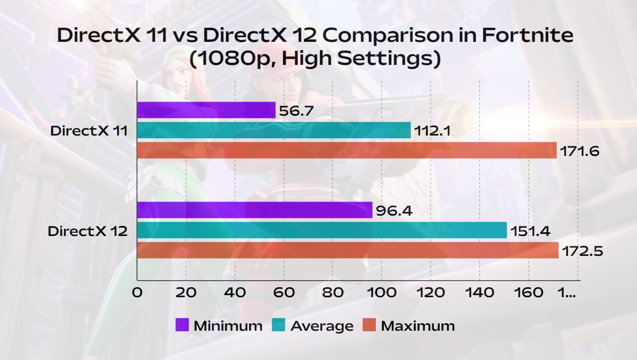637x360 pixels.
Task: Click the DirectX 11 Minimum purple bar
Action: [206, 110]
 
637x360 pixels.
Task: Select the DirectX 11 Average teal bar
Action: [274, 130]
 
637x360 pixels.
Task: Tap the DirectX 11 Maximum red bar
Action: [347, 150]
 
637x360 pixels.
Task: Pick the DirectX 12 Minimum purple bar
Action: [254, 210]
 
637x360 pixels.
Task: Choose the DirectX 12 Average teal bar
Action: [322, 230]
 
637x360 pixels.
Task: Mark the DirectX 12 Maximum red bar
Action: [348, 250]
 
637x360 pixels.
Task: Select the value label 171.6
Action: [579, 151]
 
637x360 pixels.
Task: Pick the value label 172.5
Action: [582, 251]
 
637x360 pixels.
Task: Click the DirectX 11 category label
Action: [89, 131]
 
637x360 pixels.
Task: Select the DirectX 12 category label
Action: [88, 231]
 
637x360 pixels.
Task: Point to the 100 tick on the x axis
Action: [382, 293]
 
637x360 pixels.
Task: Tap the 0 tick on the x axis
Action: [137, 293]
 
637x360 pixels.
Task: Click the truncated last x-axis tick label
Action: [567, 293]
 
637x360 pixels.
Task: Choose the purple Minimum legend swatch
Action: [182, 325]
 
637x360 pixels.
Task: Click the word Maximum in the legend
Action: [418, 326]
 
